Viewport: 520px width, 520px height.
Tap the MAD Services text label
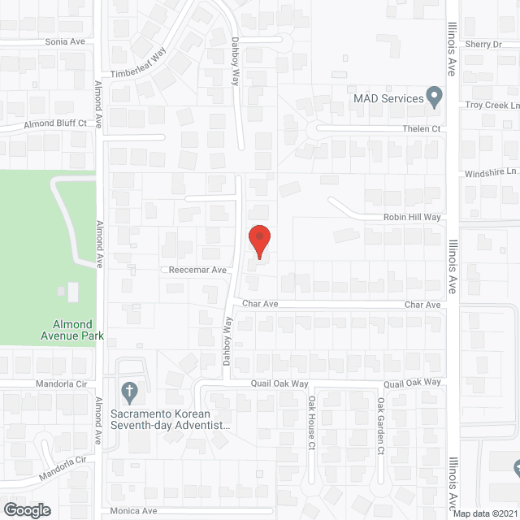pos(388,99)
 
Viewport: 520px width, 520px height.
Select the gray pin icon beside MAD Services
pos(435,97)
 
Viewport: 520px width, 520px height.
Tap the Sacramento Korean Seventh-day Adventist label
pos(170,418)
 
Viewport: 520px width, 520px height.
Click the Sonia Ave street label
pos(65,41)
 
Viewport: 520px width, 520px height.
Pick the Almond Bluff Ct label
pos(56,123)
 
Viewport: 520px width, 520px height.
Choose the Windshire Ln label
pos(491,173)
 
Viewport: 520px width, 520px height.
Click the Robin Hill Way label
pos(412,218)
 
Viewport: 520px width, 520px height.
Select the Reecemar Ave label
pos(197,270)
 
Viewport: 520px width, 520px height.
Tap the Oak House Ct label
pos(311,422)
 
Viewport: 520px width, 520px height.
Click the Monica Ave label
pos(134,511)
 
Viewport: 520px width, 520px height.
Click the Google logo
pos(26,509)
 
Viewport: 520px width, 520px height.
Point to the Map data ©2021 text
pos(483,513)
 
